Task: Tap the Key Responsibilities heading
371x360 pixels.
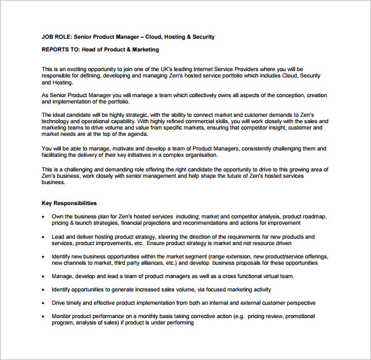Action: coord(69,204)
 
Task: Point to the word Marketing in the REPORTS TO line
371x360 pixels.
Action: coord(145,50)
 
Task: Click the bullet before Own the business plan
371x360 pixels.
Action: coord(43,217)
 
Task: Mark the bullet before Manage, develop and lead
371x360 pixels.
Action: coord(43,277)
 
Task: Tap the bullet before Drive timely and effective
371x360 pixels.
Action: coord(43,303)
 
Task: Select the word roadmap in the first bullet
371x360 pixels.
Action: coord(313,216)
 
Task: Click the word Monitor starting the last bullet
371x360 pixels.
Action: coord(62,316)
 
